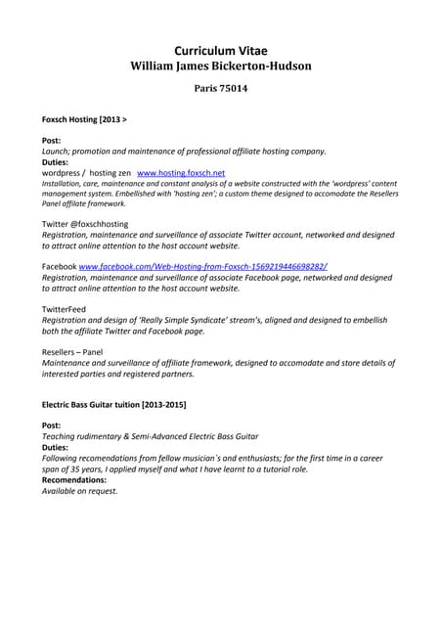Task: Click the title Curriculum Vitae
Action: point(220,50)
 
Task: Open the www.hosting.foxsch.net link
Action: point(181,172)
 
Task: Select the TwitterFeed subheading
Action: point(64,308)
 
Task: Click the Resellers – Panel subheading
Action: point(71,351)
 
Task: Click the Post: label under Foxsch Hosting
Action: point(51,141)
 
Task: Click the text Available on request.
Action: point(79,491)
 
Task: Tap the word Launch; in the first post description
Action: point(58,152)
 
